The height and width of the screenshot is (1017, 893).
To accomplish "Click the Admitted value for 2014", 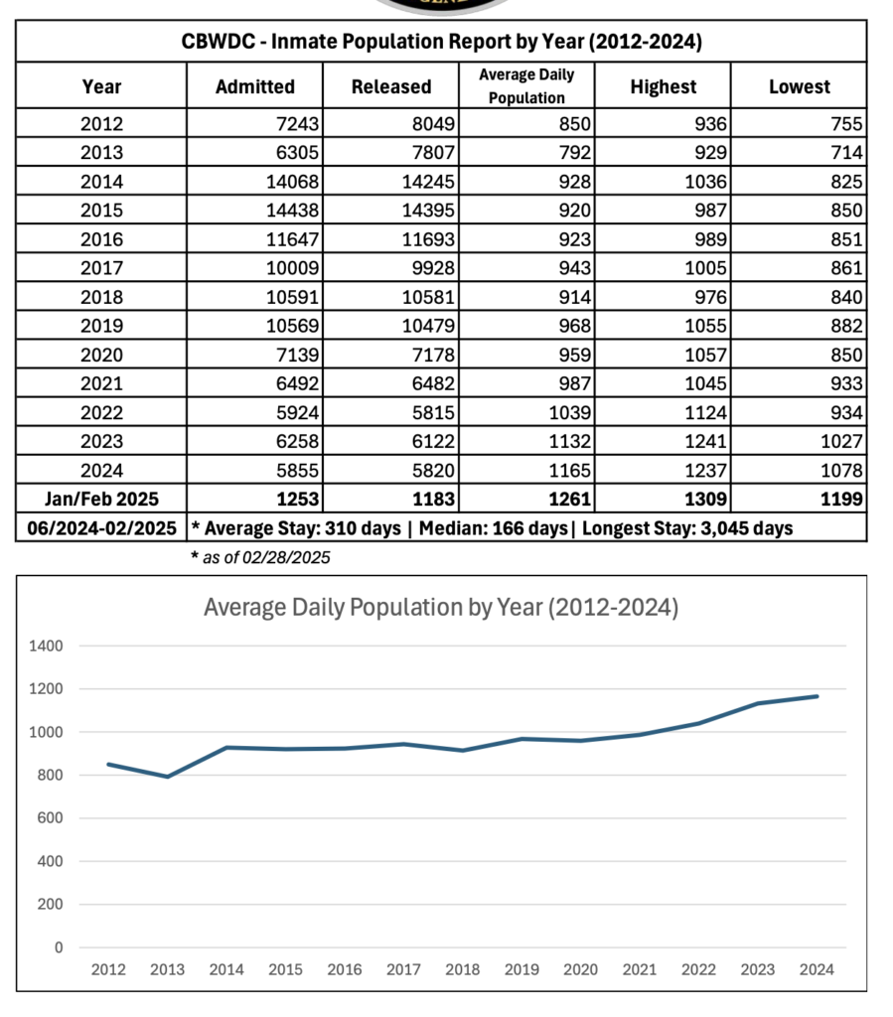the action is point(292,182).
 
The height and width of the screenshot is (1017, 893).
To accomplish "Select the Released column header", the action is point(391,86).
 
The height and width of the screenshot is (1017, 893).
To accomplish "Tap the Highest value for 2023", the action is point(705,441).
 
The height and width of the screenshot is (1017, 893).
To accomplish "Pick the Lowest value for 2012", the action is point(846,123).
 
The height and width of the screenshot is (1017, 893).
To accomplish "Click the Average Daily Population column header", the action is point(526,85).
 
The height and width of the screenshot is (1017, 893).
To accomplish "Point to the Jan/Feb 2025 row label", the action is point(101,499).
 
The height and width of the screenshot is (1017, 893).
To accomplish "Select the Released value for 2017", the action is point(433,268).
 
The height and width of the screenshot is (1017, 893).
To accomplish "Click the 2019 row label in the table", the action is point(101,326).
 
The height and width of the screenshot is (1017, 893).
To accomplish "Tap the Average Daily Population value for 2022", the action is point(569,412).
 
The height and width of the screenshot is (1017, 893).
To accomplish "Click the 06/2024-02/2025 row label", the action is point(101,528).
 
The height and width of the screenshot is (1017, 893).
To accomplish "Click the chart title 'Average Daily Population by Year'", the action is point(441,608).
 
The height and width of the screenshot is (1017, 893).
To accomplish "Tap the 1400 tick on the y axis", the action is point(46,646).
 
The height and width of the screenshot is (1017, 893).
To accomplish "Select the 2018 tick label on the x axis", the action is point(462,969).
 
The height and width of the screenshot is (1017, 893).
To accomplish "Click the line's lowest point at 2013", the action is point(168,777).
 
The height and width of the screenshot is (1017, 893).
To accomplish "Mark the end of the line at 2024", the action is point(818,696).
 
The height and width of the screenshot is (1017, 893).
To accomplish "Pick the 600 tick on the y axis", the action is point(50,818).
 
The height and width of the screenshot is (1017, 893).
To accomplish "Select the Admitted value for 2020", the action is point(298,355).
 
